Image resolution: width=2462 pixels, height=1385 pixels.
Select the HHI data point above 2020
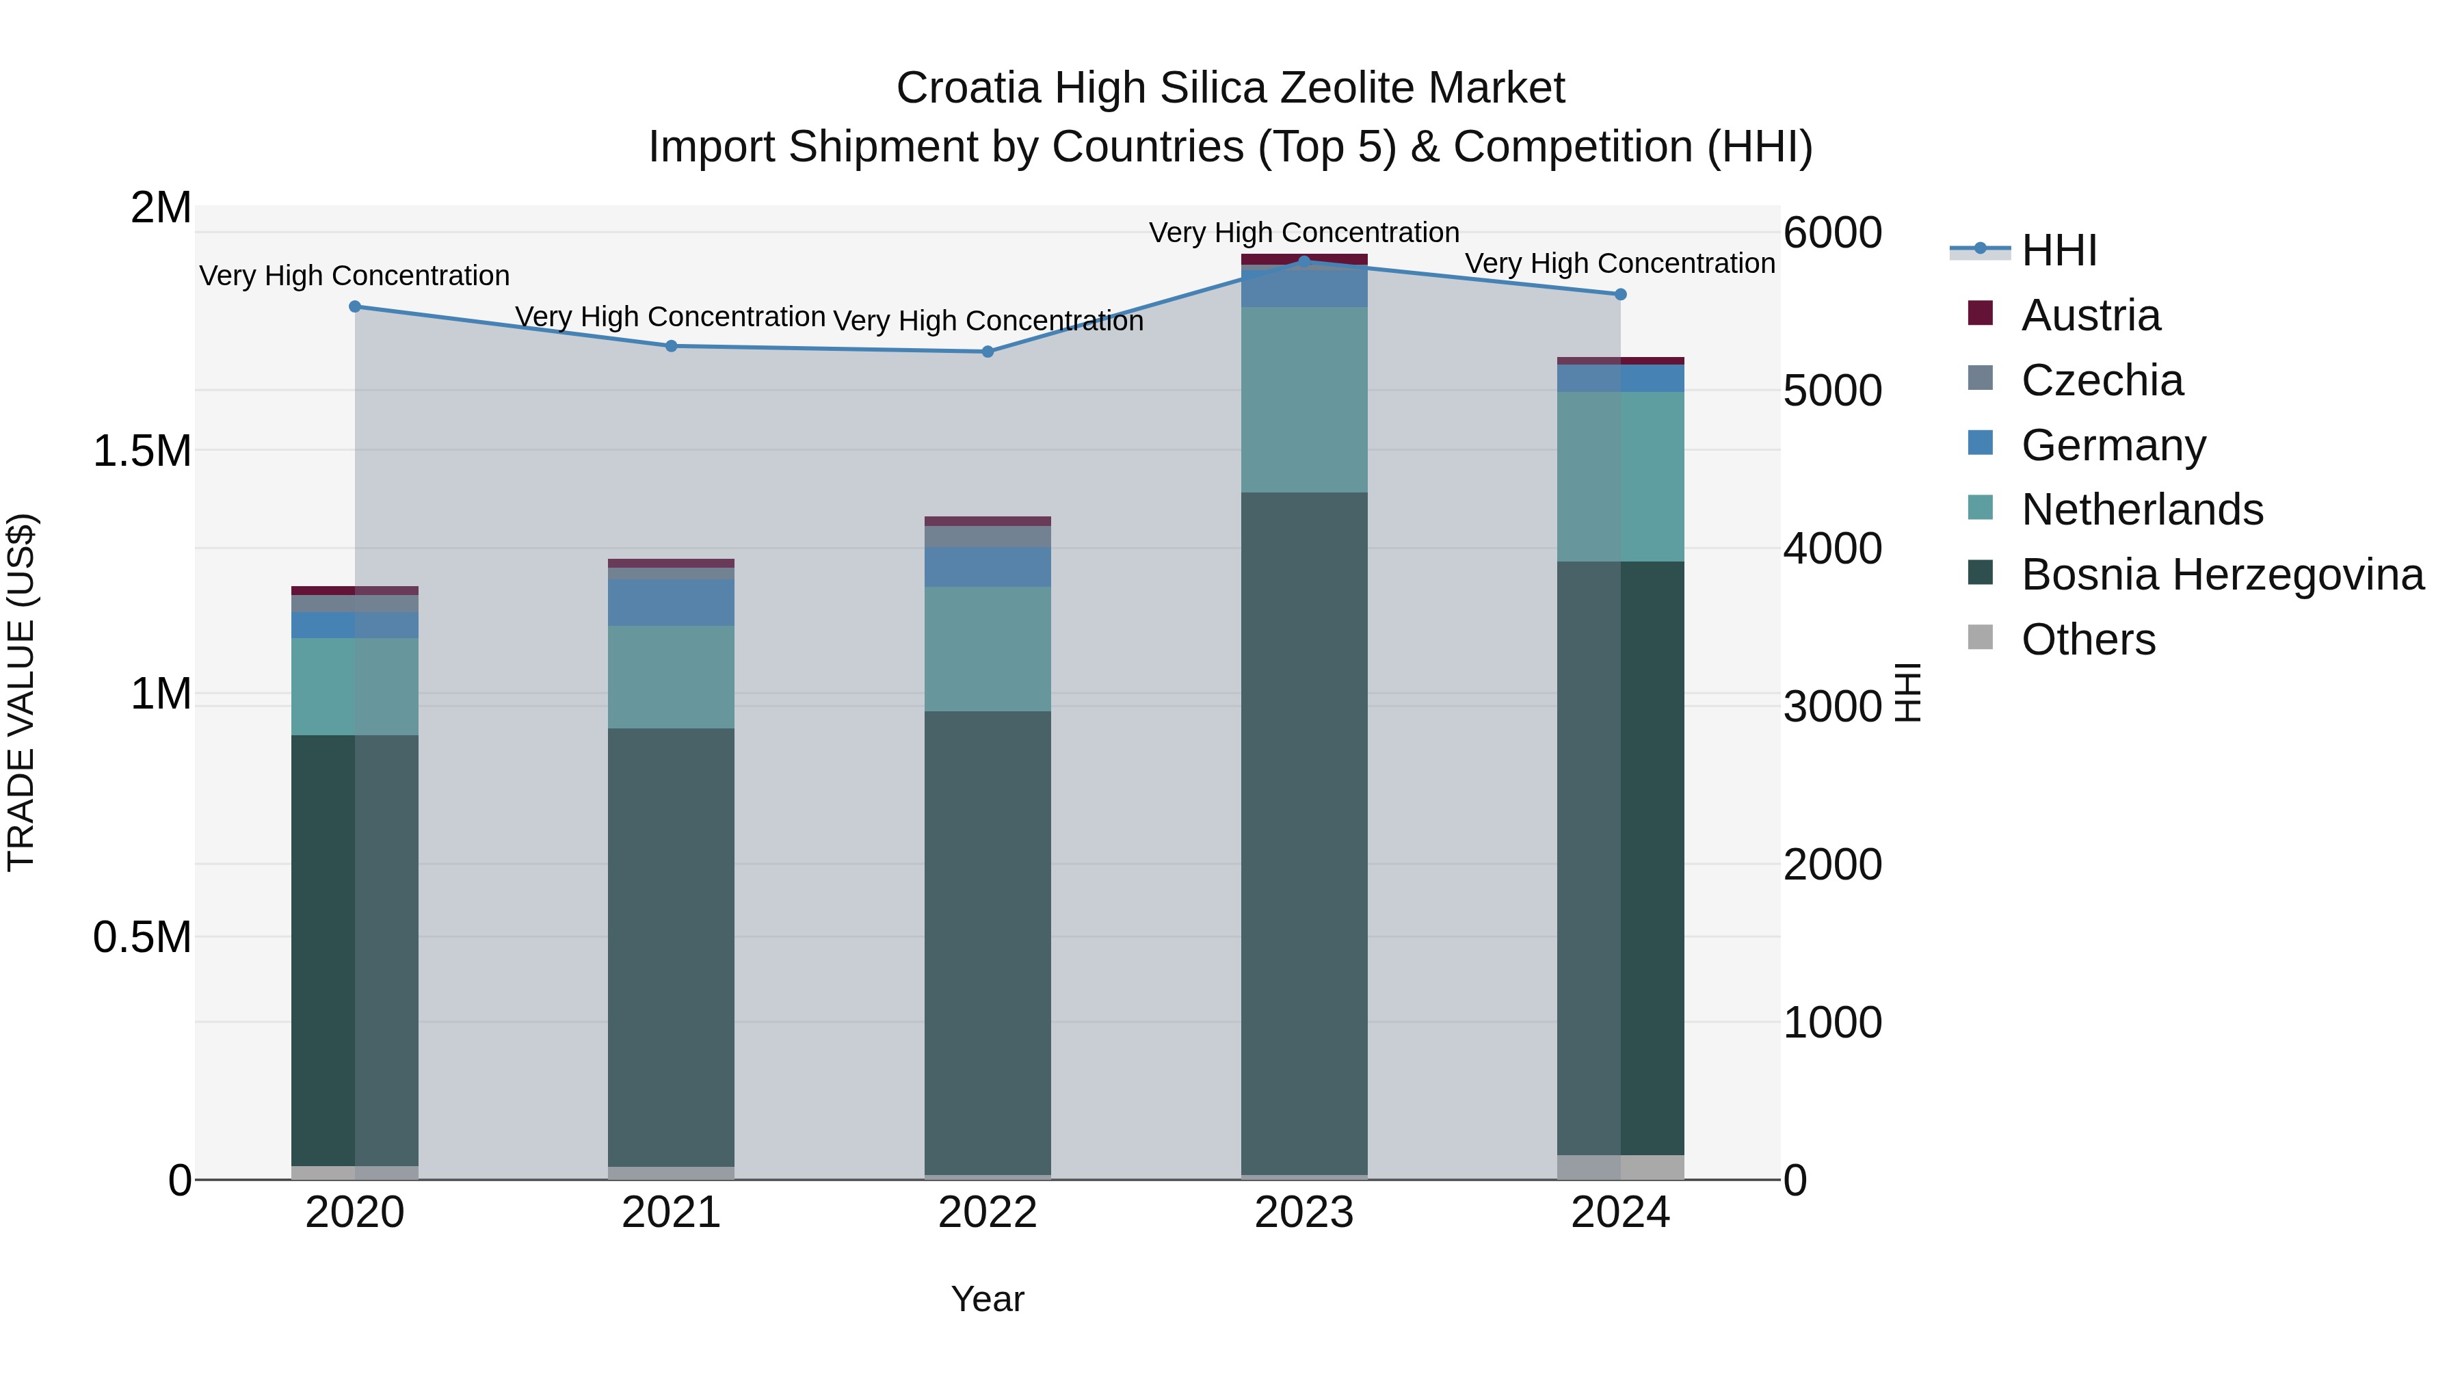(354, 307)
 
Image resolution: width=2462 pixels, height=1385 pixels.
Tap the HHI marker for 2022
(988, 352)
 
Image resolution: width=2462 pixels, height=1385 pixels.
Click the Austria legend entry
(2089, 315)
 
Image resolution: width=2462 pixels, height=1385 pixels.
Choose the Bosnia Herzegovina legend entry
(2221, 575)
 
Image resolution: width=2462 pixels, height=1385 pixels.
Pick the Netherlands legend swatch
(1981, 507)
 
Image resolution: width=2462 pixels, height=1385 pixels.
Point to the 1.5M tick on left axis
(142, 450)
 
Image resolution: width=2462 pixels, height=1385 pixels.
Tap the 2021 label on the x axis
(671, 1213)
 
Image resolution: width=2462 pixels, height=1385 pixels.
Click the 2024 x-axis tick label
(1620, 1213)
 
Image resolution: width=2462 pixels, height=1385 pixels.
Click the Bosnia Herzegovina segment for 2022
(988, 942)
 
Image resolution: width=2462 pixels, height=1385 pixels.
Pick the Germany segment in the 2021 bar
(671, 602)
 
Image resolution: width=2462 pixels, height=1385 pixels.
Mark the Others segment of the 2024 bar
(1620, 1167)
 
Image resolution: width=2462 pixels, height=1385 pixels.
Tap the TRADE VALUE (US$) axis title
(21, 692)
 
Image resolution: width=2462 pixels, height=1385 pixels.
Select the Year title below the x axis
(988, 1299)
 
